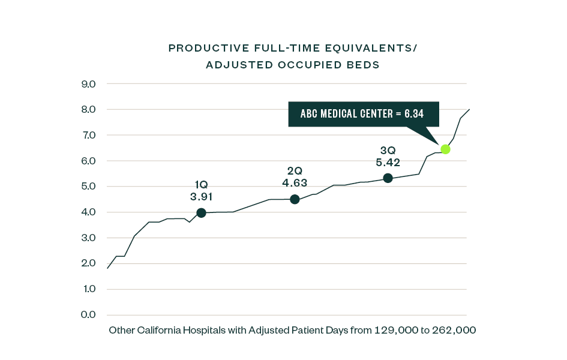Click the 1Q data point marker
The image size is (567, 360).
(201, 213)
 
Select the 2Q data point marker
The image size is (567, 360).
(295, 199)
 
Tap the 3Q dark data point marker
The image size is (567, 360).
(388, 178)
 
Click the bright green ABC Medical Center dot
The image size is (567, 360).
(445, 149)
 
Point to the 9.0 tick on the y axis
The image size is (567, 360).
(89, 84)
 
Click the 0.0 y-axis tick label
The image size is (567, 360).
(89, 315)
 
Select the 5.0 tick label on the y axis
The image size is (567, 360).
(89, 187)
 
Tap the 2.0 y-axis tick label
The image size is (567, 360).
(89, 263)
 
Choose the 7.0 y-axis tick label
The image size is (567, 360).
(89, 136)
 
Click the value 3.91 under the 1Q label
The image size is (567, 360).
(202, 197)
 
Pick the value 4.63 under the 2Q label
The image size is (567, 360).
(295, 182)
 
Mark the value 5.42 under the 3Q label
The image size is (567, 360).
(388, 163)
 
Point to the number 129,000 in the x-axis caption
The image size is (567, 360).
(397, 331)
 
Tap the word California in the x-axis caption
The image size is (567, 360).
(158, 331)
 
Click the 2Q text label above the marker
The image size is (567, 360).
(295, 171)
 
